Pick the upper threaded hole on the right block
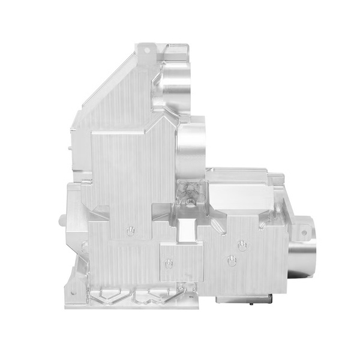(242, 245)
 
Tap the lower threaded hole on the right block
(231, 260)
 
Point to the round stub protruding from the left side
(61, 217)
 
